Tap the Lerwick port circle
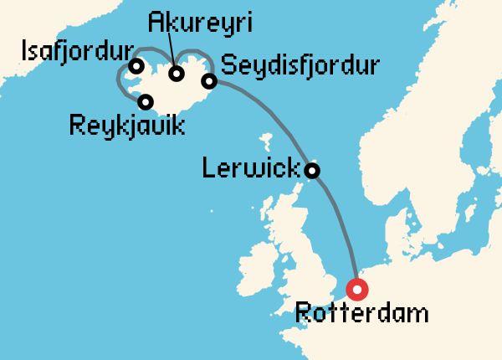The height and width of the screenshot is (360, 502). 312,170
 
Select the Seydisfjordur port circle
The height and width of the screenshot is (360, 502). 209,80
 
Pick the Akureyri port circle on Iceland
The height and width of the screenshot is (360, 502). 177,73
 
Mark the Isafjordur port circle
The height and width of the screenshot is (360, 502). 134,65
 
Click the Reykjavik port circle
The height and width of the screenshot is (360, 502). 146,102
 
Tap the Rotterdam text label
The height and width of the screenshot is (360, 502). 362,315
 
